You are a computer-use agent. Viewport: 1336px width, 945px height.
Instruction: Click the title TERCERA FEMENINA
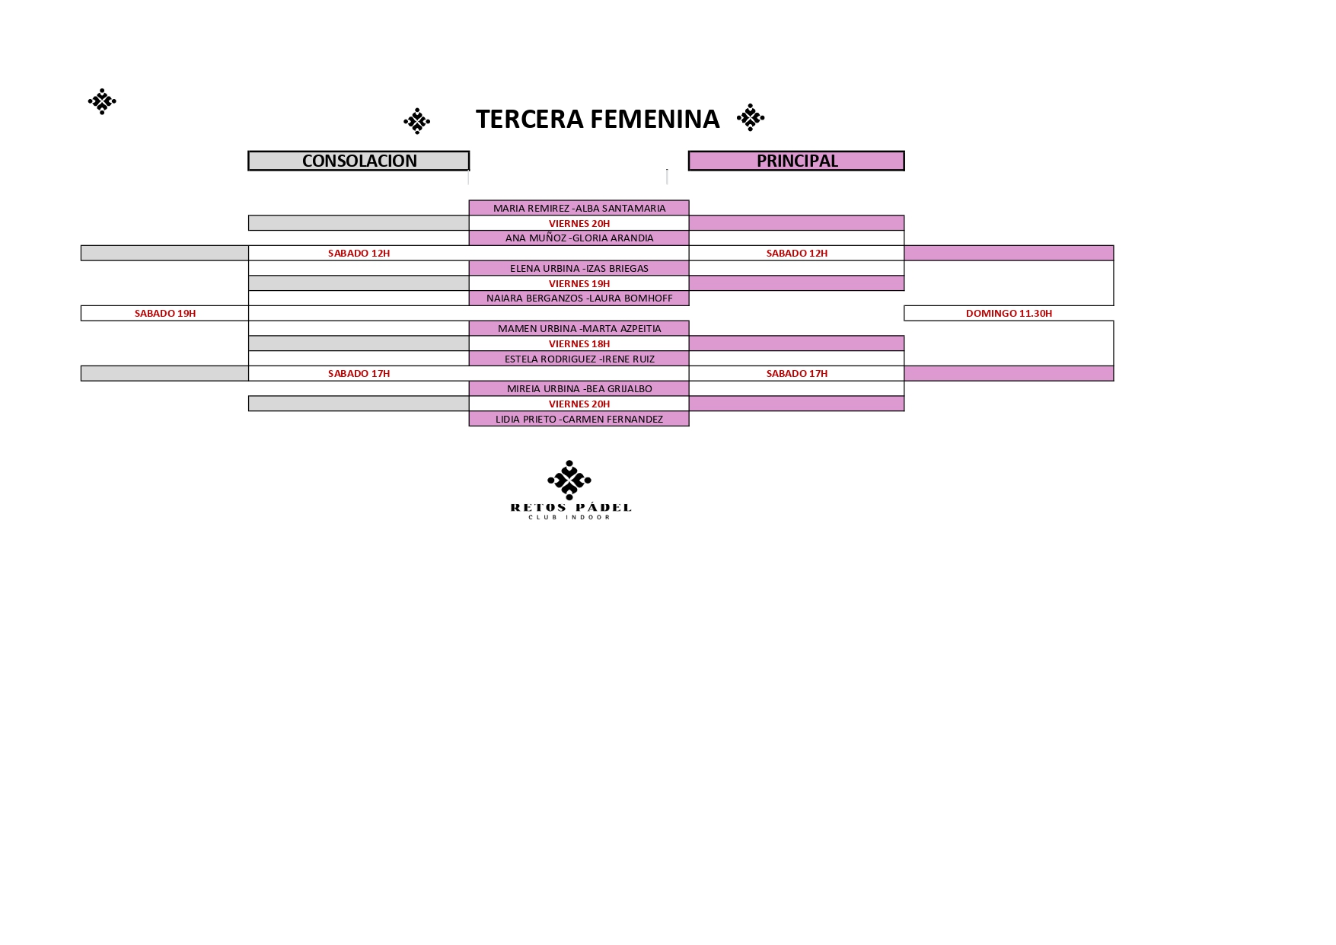click(x=598, y=119)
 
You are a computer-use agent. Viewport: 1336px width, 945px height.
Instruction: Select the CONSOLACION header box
click(x=359, y=161)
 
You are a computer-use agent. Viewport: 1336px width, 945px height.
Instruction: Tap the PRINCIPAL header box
click(x=796, y=161)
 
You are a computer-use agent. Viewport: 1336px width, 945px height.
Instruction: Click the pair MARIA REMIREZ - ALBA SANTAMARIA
click(x=579, y=208)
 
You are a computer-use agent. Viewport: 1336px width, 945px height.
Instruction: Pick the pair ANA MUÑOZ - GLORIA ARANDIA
click(x=579, y=238)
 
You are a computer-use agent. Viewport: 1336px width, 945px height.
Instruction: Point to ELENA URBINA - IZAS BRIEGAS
click(x=579, y=268)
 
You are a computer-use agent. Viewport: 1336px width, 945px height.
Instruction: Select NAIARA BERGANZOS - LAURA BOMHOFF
click(x=579, y=298)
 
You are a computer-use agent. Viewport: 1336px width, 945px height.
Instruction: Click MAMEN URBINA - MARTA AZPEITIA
click(x=579, y=328)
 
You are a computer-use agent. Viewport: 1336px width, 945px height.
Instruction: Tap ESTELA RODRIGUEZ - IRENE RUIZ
click(x=579, y=359)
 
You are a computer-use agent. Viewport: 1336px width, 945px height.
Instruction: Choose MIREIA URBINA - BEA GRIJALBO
click(x=579, y=388)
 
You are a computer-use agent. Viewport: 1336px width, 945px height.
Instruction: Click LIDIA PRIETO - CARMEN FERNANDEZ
click(x=579, y=419)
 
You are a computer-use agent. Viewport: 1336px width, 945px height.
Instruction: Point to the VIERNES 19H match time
click(x=579, y=283)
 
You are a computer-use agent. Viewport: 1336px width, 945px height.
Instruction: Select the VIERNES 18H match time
click(x=579, y=343)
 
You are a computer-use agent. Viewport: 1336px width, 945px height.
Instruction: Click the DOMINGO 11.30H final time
click(x=1009, y=313)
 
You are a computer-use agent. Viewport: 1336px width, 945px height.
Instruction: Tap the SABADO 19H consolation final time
click(x=165, y=313)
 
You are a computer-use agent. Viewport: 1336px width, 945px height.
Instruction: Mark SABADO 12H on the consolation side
click(x=359, y=253)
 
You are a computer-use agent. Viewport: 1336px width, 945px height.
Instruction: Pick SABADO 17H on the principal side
click(x=797, y=373)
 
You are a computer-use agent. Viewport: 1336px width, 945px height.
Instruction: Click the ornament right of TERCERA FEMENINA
click(x=751, y=117)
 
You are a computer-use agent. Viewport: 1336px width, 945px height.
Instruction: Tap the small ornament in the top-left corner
click(x=102, y=101)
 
